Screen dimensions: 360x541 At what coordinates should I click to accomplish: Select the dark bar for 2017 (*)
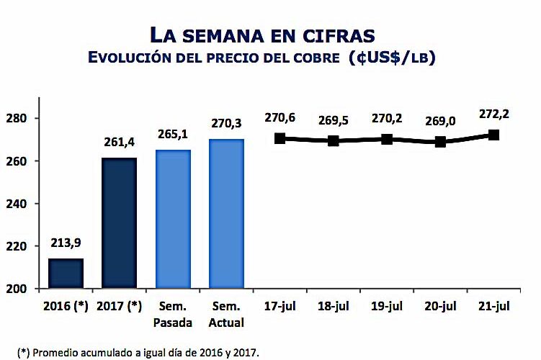(x=119, y=223)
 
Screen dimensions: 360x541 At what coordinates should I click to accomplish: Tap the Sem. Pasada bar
(x=174, y=220)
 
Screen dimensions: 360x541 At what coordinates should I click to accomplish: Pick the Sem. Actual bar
(x=227, y=214)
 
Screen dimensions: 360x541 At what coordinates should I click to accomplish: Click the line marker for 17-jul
(x=280, y=138)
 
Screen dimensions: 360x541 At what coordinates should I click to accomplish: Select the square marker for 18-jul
(x=334, y=140)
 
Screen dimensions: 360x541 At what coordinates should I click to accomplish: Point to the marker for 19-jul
(x=387, y=139)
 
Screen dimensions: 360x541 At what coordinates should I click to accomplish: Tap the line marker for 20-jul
(x=440, y=142)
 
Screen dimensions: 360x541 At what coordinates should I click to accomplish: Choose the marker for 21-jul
(x=493, y=135)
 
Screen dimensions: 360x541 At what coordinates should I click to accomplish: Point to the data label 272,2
(x=493, y=114)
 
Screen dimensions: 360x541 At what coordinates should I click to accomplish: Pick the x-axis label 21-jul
(x=493, y=306)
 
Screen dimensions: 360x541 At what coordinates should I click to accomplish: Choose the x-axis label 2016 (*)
(x=66, y=306)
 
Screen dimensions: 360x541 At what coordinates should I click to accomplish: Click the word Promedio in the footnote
(x=60, y=352)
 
